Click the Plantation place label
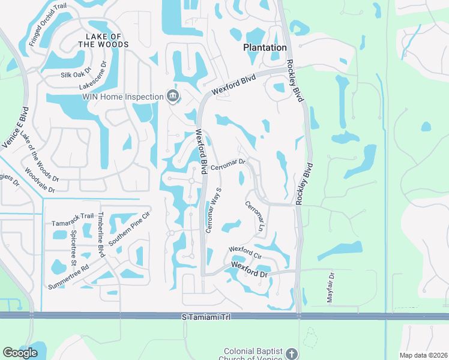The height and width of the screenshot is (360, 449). pyautogui.click(x=265, y=47)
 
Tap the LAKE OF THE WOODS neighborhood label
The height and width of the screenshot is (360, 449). pyautogui.click(x=103, y=40)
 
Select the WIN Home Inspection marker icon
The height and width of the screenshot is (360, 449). pyautogui.click(x=172, y=96)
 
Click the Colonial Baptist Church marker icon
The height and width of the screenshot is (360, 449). pyautogui.click(x=292, y=353)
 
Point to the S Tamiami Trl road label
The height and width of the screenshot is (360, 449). pyautogui.click(x=206, y=316)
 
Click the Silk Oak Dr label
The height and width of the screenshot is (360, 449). pyautogui.click(x=75, y=75)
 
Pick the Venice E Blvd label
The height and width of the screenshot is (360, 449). pyautogui.click(x=23, y=127)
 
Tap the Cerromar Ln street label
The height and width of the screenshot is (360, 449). pyautogui.click(x=254, y=217)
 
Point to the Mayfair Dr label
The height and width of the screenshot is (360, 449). pyautogui.click(x=331, y=287)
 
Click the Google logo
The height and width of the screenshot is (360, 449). pyautogui.click(x=20, y=353)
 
